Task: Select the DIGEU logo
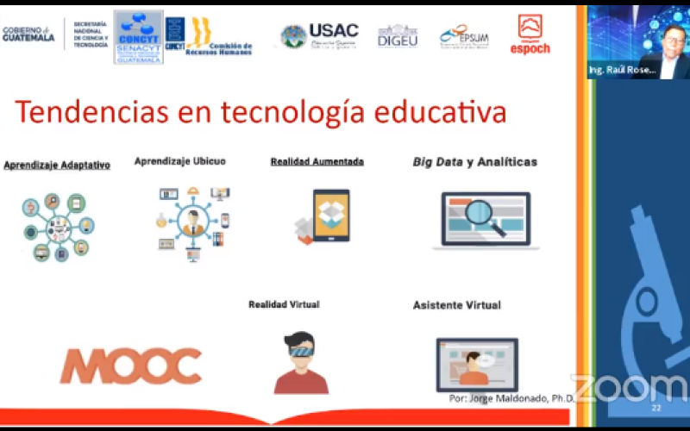pos(398,36)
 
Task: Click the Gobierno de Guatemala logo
pos(28,34)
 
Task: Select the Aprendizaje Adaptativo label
pos(57,165)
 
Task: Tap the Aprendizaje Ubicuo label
pos(179,161)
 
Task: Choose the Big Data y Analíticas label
pos(474,161)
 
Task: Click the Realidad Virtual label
pos(284,304)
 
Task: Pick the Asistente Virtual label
pos(456,305)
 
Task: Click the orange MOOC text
pos(130,365)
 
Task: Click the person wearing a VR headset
pos(301,363)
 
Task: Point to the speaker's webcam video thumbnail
pos(637,42)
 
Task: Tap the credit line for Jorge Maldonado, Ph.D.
pos(511,399)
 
